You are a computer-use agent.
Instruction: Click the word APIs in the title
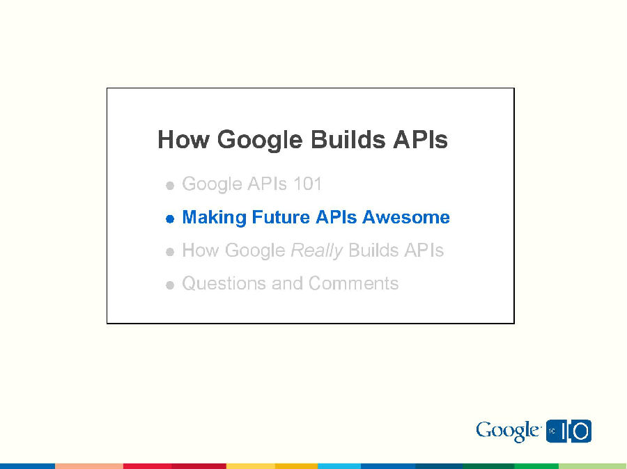tap(420, 140)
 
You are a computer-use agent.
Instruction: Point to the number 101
tap(307, 184)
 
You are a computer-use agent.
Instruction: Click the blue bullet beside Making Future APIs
tap(169, 219)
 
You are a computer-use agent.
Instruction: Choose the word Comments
tap(353, 284)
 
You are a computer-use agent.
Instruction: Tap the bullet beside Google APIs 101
tap(169, 186)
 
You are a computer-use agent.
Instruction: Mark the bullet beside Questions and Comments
tap(169, 285)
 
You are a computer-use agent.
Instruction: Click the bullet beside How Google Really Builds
tap(169, 253)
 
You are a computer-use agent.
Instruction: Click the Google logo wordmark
tap(507, 431)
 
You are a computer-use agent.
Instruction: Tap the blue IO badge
tap(569, 431)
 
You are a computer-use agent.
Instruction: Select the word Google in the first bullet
tap(212, 185)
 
